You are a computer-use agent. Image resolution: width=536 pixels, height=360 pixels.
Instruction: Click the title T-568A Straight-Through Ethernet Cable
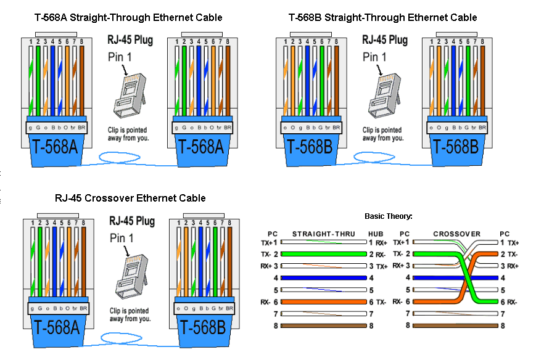(128, 17)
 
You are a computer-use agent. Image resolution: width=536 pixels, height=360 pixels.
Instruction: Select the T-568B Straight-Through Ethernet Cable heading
(382, 17)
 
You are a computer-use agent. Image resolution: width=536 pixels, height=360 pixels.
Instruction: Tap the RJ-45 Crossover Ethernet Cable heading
(130, 198)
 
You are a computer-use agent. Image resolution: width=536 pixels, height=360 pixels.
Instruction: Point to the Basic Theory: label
(389, 216)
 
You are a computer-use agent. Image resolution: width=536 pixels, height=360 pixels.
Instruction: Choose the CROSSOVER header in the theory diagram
(456, 234)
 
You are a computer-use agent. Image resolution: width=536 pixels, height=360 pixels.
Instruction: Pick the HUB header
(376, 234)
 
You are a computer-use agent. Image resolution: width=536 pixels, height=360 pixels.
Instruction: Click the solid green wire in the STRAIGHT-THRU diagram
(323, 254)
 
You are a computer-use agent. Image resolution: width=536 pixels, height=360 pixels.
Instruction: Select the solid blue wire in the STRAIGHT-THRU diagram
(323, 277)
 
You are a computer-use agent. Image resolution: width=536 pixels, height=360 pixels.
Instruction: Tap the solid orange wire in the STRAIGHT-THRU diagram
(323, 301)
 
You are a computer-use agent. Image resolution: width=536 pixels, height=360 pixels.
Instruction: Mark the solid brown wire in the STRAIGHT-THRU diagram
(323, 325)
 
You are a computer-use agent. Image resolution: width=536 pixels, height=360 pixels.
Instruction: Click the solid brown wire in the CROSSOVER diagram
(455, 325)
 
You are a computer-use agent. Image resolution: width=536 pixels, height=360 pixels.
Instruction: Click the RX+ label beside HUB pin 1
(382, 243)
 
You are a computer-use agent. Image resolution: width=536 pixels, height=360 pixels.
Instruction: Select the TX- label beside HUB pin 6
(382, 301)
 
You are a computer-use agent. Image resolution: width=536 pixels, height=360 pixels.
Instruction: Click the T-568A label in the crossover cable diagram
(56, 329)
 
